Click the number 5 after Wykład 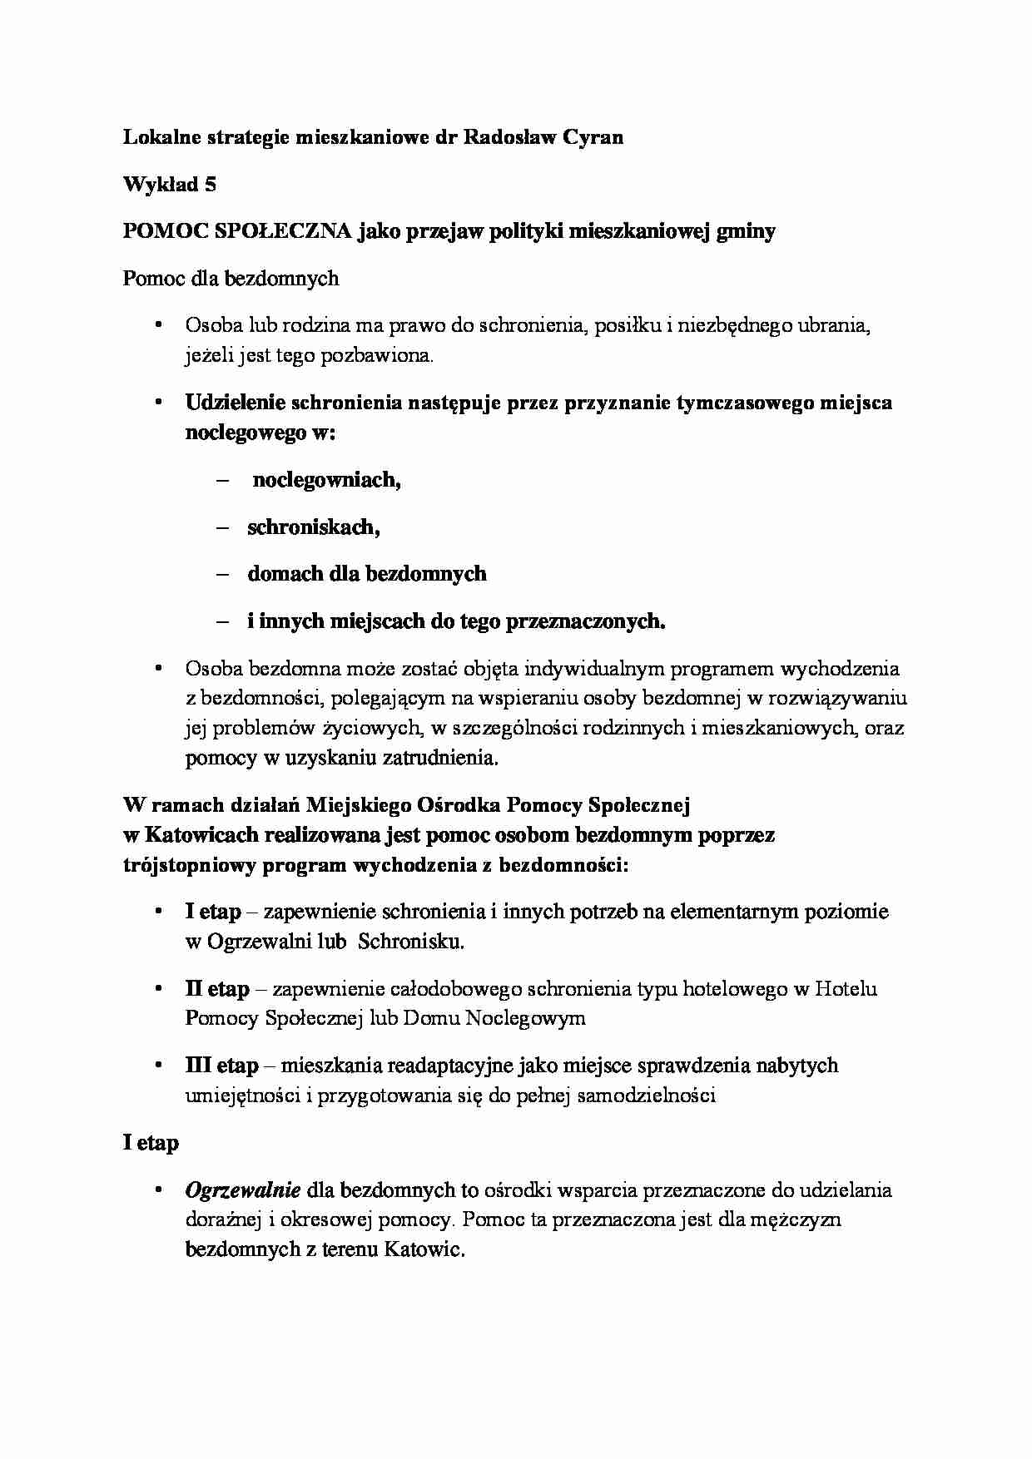(x=211, y=185)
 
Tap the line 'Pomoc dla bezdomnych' (x=231, y=278)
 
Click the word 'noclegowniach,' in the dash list (x=326, y=480)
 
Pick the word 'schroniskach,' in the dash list (x=314, y=527)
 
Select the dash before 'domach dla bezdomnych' (x=221, y=574)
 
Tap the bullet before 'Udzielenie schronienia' (x=159, y=403)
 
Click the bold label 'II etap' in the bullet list (x=217, y=989)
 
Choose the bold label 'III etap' (x=221, y=1066)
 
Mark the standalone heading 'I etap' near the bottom (x=151, y=1143)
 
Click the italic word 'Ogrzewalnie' (x=242, y=1190)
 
